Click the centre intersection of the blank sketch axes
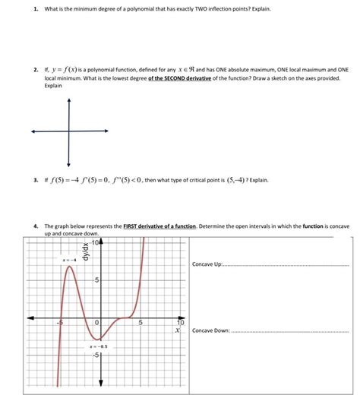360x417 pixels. click(x=68, y=131)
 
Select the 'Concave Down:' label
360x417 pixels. click(x=212, y=331)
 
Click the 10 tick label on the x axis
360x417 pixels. click(x=180, y=323)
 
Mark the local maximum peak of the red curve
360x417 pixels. click(x=69, y=268)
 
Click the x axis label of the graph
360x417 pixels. click(x=178, y=331)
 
